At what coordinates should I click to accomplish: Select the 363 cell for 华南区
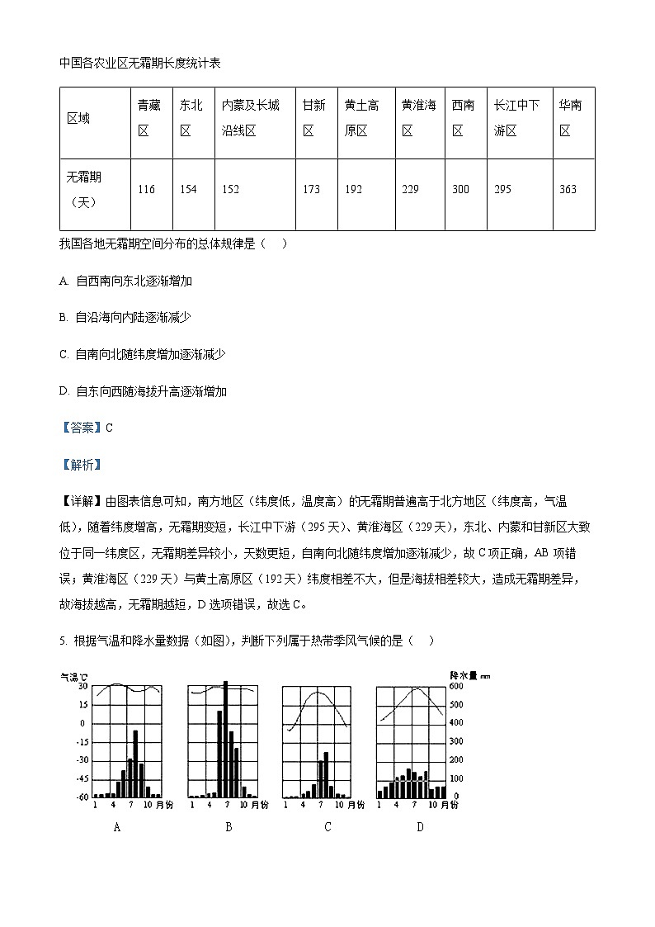(568, 190)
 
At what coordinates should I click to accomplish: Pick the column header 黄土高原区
(361, 118)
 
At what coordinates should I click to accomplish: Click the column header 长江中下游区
(516, 118)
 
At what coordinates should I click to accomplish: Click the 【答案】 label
(81, 428)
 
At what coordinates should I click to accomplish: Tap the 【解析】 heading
(81, 465)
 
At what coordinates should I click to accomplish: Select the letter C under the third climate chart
(327, 826)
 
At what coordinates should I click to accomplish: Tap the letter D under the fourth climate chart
(420, 826)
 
